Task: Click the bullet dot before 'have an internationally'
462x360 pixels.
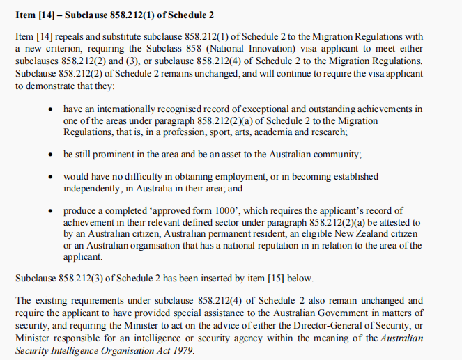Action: (51, 109)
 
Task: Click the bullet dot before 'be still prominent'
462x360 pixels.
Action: (51, 154)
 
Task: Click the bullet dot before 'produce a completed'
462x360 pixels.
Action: (51, 210)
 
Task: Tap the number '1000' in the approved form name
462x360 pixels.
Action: (216, 210)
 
